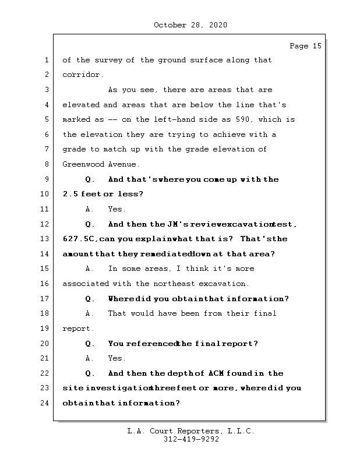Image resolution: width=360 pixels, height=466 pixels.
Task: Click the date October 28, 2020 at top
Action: point(190,25)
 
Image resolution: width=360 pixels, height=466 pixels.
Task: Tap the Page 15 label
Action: point(305,46)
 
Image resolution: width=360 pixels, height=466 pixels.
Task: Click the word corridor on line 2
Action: point(82,75)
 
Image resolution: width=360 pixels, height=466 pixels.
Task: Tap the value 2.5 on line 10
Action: point(70,194)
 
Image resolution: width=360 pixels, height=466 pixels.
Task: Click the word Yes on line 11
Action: point(117,209)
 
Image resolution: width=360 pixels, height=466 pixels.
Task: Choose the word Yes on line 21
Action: point(117,358)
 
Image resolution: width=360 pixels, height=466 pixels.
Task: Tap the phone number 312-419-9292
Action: point(191,440)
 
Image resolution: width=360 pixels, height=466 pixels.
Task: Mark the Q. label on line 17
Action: point(90,299)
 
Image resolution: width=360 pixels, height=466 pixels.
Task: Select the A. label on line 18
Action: point(90,313)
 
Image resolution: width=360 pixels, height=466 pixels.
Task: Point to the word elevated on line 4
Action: point(81,105)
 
